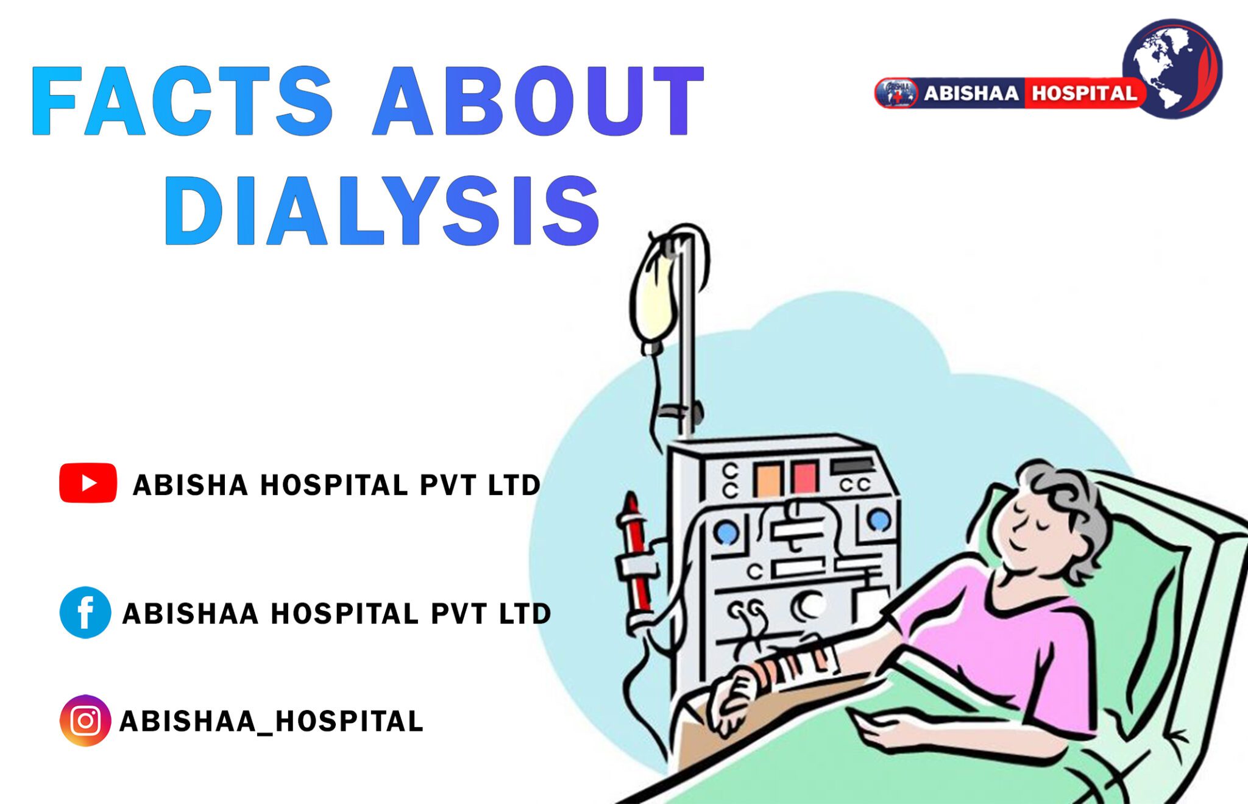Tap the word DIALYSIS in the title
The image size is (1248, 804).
383,211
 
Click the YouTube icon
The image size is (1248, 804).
88,483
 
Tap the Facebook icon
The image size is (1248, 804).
85,612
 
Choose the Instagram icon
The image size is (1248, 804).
85,720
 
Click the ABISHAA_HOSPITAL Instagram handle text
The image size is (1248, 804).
271,721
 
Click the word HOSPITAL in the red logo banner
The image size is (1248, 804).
1083,93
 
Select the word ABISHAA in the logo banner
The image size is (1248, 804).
971,93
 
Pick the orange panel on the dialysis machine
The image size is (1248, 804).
768,479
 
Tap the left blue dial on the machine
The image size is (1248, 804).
726,533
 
